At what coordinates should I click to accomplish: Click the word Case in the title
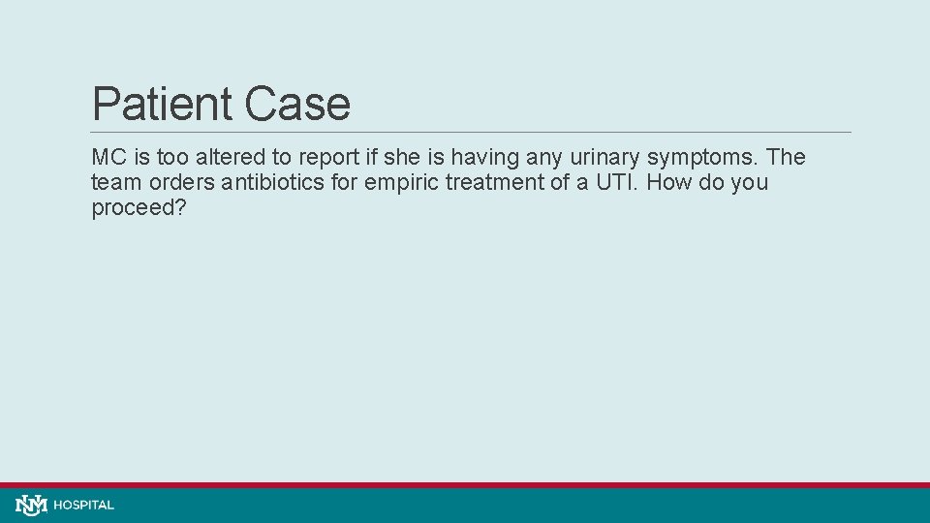click(297, 104)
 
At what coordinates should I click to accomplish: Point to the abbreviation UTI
click(612, 182)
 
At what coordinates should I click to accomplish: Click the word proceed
click(133, 208)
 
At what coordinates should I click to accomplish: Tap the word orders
click(174, 182)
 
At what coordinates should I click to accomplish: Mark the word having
click(487, 158)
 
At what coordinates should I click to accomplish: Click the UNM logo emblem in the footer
click(31, 505)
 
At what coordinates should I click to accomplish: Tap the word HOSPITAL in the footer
click(84, 505)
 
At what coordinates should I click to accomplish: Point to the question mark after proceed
click(179, 207)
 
